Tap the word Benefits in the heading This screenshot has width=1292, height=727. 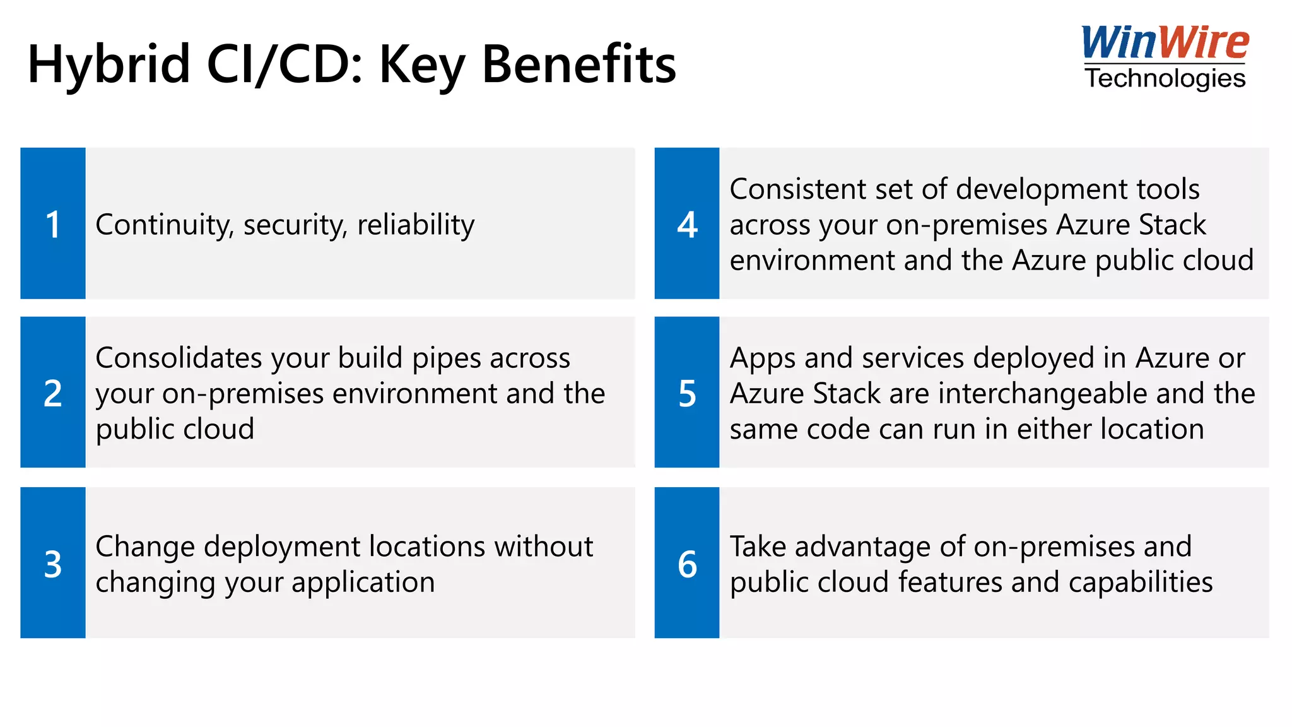578,64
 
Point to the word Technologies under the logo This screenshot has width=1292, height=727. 1165,78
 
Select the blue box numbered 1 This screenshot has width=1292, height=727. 53,223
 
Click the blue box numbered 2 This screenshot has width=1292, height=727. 53,393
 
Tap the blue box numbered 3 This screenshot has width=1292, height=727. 53,563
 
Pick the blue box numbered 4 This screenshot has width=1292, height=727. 687,223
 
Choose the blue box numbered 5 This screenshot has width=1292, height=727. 687,393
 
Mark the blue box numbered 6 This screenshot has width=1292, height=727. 687,563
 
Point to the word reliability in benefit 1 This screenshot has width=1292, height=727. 416,225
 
